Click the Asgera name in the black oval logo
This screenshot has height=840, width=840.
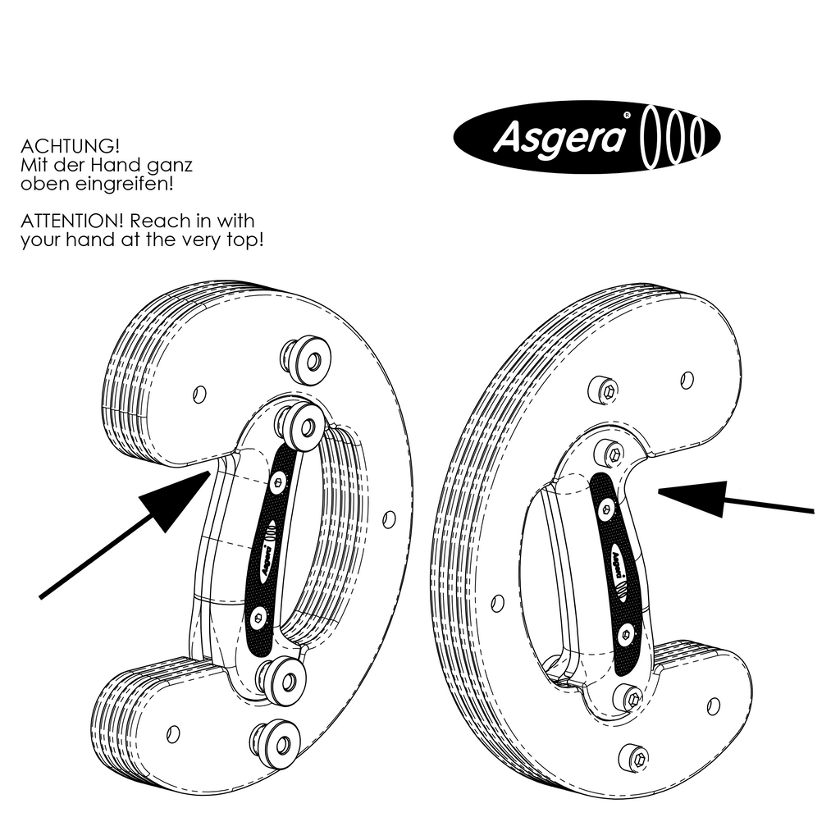(559, 139)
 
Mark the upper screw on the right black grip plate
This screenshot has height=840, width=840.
(605, 510)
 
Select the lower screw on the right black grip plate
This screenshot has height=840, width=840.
(626, 631)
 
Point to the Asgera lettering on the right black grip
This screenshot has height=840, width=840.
(617, 564)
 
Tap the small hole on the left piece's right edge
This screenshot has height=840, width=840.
(390, 518)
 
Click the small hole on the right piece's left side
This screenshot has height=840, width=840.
(495, 603)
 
